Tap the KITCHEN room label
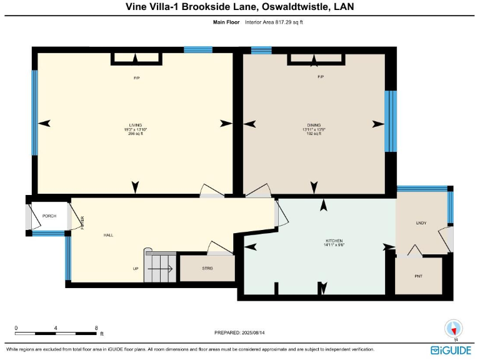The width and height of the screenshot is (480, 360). [334, 241]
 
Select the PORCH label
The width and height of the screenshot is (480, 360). [49, 216]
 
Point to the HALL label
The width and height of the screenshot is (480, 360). [108, 236]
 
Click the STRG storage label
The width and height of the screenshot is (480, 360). [207, 268]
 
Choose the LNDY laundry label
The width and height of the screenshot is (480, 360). [421, 222]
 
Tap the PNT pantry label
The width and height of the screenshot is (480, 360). [419, 275]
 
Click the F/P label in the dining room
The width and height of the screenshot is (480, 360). [321, 77]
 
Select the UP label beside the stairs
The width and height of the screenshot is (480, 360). [136, 269]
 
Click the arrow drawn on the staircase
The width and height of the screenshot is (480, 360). [164, 269]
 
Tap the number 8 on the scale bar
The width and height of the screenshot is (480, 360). [96, 327]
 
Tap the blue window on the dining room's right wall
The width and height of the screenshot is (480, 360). [391, 121]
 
